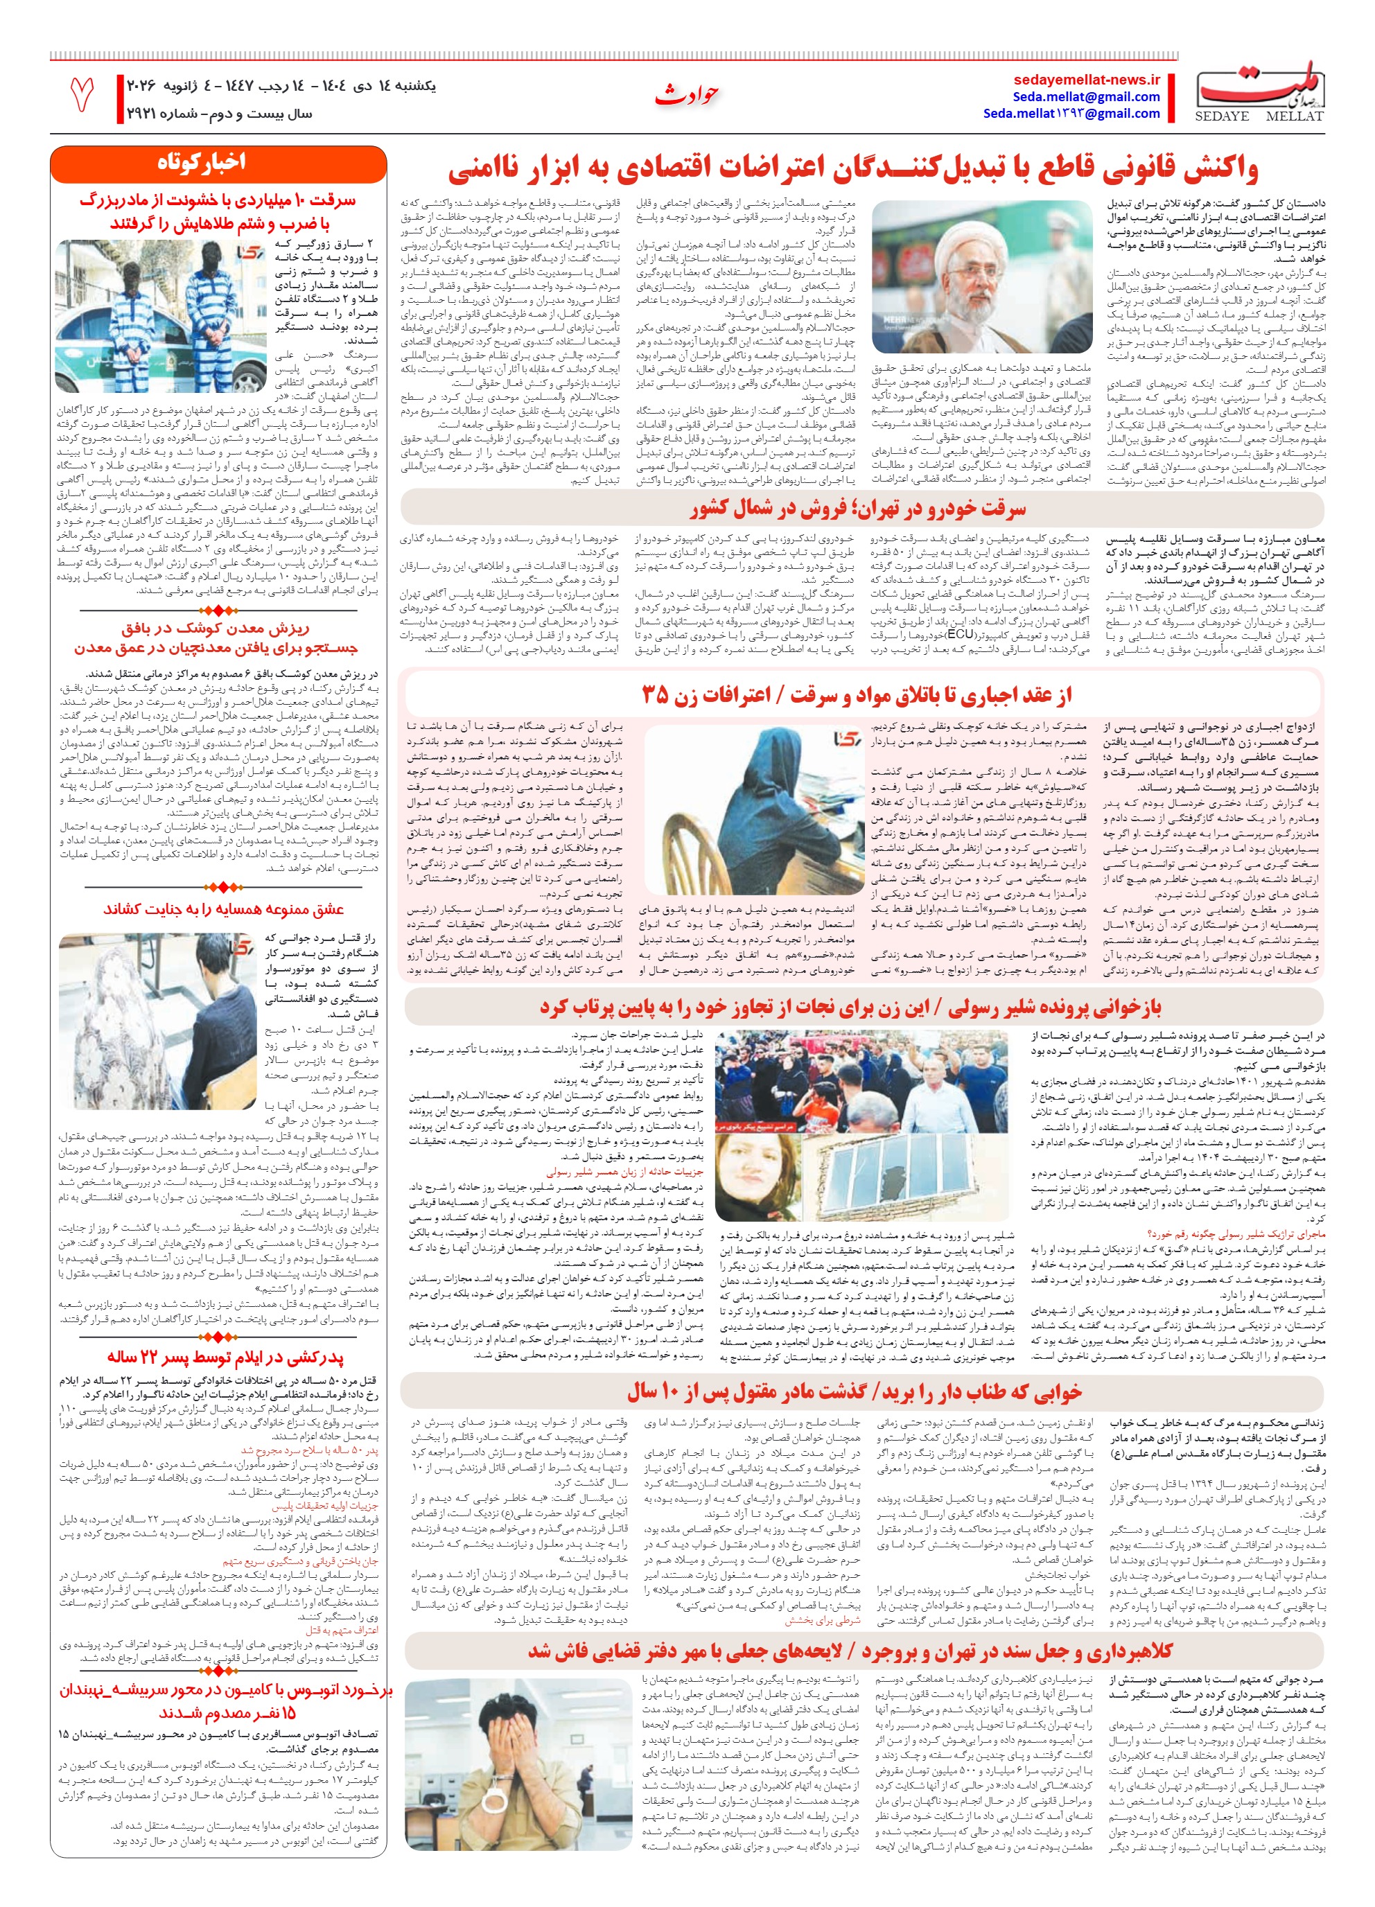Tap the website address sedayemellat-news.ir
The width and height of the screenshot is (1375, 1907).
coord(1087,80)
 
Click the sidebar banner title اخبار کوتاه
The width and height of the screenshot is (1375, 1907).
coord(202,162)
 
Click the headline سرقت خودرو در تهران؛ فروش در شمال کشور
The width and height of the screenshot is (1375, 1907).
coord(858,509)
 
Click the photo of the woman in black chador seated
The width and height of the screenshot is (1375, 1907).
coord(753,807)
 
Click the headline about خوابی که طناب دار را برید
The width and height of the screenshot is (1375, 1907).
coord(854,1392)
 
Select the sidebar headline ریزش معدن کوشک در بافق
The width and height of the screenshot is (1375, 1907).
coord(216,628)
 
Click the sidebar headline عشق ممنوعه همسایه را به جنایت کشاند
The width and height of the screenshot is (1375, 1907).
coord(223,909)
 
